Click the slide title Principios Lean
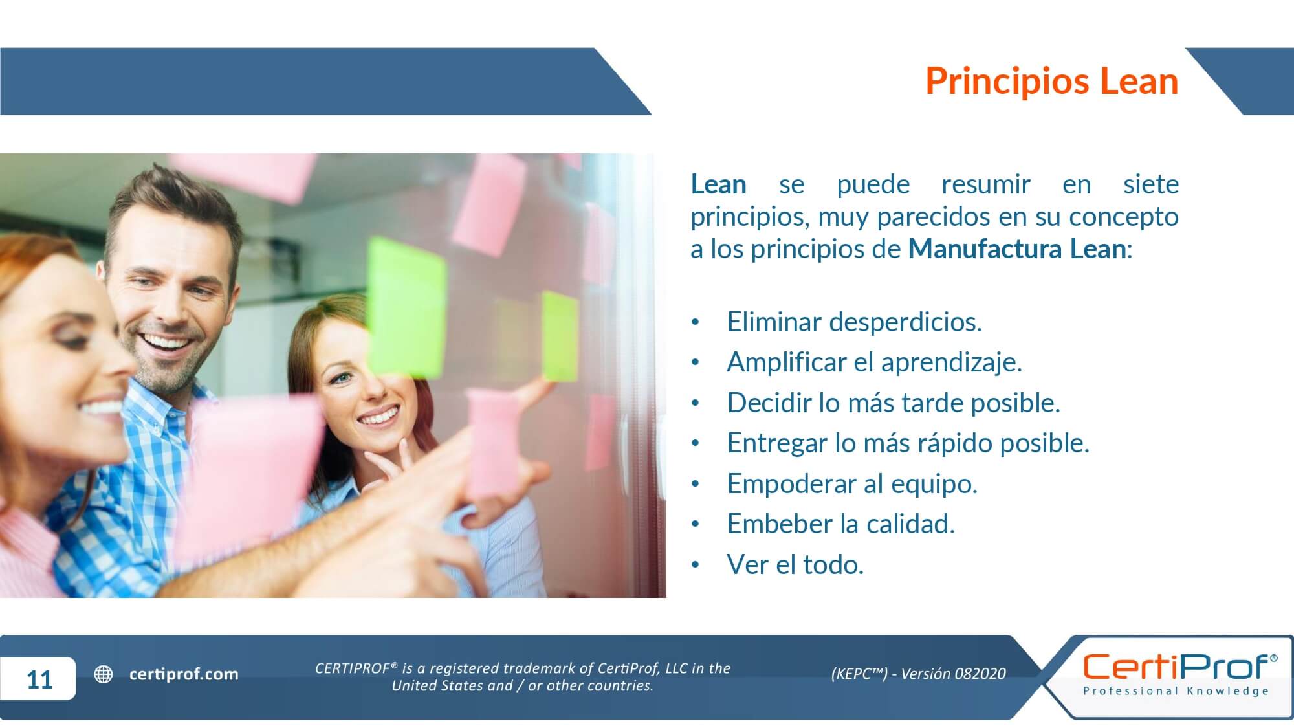point(1051,82)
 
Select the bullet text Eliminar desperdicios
point(854,322)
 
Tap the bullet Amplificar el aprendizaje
point(874,362)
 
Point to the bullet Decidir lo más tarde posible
point(894,403)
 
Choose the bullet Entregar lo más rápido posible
point(908,443)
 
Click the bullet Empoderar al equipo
point(852,484)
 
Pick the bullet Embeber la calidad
point(840,524)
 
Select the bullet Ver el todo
point(795,564)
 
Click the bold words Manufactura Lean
point(1017,249)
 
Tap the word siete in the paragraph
point(1150,184)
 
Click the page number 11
point(39,679)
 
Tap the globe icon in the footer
point(104,674)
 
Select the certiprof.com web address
point(184,674)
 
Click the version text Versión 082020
point(953,674)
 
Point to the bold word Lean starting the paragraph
point(718,184)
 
